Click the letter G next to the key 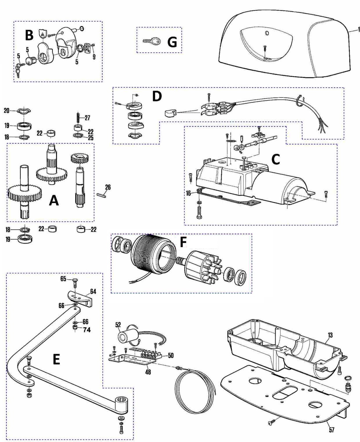[x=172, y=42]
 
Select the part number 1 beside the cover [x=359, y=29]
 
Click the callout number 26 [x=108, y=187]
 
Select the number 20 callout [x=6, y=110]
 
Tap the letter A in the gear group [x=54, y=200]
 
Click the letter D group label [x=157, y=96]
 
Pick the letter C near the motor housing [x=275, y=159]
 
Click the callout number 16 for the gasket [x=188, y=193]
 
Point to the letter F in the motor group [x=183, y=242]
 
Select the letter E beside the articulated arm [x=56, y=359]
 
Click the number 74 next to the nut [x=87, y=330]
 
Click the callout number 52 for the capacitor [x=118, y=325]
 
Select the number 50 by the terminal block [x=171, y=355]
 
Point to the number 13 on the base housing [x=330, y=335]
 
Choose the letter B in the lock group [x=29, y=35]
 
